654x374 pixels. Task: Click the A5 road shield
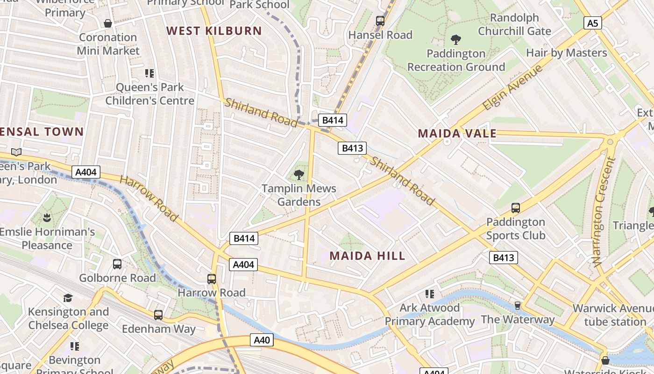[592, 23]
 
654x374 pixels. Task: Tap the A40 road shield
[262, 340]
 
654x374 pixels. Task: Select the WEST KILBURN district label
[214, 31]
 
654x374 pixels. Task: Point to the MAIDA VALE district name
[457, 134]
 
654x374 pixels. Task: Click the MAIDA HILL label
[367, 256]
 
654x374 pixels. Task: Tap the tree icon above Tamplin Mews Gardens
[299, 175]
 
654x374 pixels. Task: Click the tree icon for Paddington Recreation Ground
[456, 40]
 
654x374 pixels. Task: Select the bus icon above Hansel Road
[380, 21]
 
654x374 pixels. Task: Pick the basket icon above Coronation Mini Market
[108, 23]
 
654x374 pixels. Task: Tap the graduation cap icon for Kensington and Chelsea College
[68, 298]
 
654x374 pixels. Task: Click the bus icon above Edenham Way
[158, 315]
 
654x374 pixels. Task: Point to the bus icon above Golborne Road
[117, 264]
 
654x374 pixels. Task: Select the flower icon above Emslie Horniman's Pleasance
[47, 217]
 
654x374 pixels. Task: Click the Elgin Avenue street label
[512, 87]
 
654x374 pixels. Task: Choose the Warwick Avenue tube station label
[613, 315]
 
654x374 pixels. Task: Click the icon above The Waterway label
[518, 306]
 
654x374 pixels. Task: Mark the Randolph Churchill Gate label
[514, 24]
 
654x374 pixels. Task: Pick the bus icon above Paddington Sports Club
[516, 208]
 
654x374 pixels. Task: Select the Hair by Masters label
[566, 53]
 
